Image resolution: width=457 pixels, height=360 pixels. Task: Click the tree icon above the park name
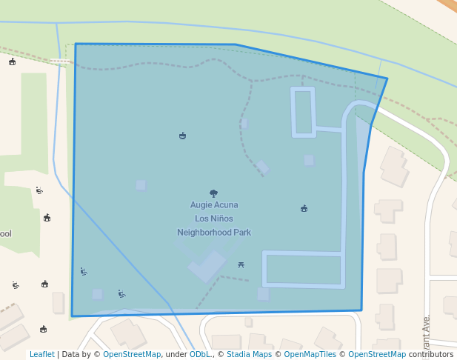coord(214,193)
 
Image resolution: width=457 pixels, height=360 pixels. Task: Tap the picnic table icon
coord(241,264)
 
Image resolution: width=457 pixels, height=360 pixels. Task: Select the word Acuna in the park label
coord(227,205)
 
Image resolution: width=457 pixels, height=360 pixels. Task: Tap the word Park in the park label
coord(242,233)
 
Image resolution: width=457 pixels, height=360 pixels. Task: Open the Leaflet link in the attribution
coord(42,355)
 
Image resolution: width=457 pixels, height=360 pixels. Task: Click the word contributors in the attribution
coord(431,355)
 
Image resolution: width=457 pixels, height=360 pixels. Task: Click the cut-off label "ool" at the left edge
coord(6,234)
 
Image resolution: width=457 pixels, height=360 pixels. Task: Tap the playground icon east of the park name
coord(304,209)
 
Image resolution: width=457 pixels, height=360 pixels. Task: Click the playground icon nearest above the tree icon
coord(182,136)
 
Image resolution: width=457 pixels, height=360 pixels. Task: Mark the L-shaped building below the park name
coord(207,267)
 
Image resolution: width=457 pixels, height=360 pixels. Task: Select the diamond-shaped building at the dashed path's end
coord(262,167)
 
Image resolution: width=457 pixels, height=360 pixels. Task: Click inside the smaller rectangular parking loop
coord(303,113)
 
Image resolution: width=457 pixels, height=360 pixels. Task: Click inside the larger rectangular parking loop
coord(304,270)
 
